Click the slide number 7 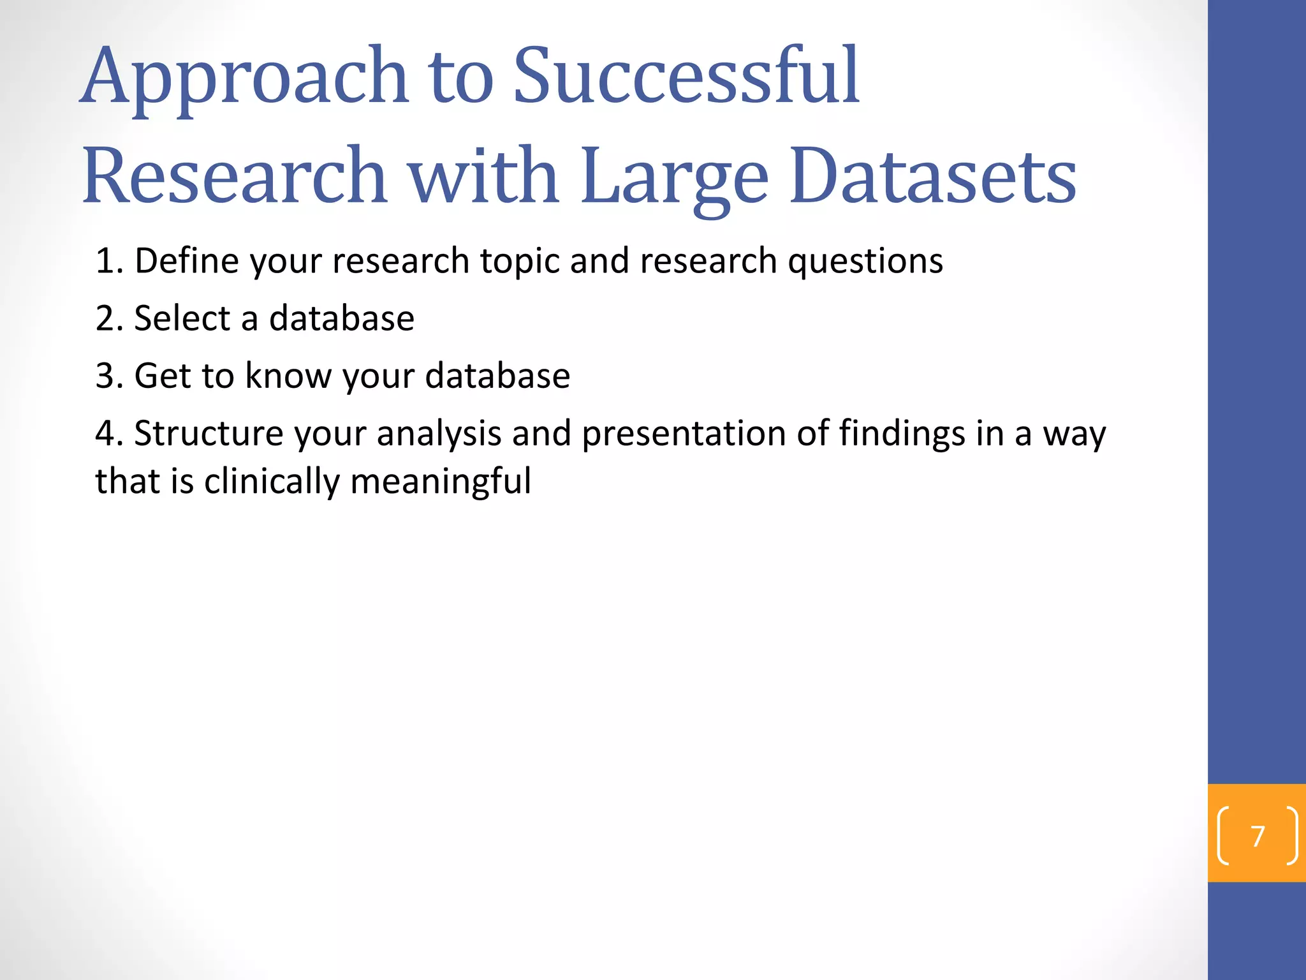1258,836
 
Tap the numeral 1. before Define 109,261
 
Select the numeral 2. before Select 109,318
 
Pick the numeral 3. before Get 109,376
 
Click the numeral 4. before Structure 109,433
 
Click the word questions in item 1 865,261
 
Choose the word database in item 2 341,318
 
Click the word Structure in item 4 209,433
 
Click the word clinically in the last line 272,481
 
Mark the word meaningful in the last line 441,481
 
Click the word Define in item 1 186,261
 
